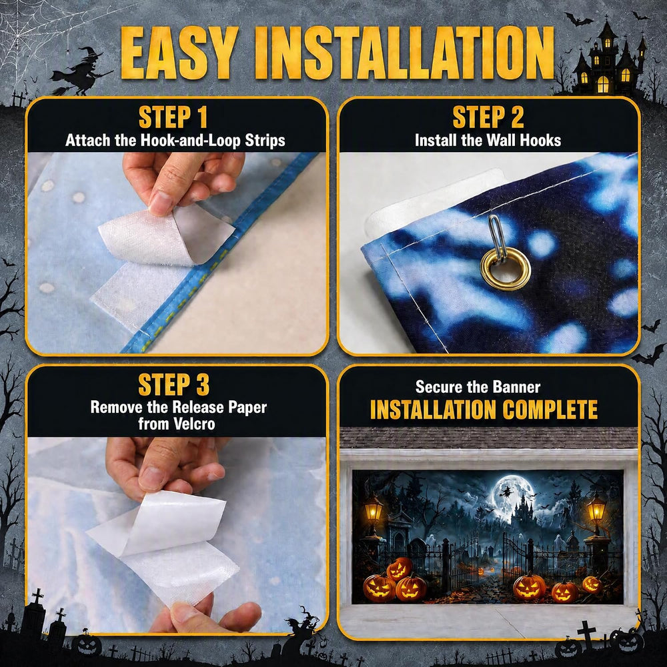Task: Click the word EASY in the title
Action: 179,53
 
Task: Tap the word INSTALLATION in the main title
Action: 404,53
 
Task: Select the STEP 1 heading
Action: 173,117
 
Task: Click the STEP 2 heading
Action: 488,117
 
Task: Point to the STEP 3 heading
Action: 174,385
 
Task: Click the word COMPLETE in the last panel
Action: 550,410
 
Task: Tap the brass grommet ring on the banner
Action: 506,269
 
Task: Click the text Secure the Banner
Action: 478,387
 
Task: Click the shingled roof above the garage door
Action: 488,438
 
